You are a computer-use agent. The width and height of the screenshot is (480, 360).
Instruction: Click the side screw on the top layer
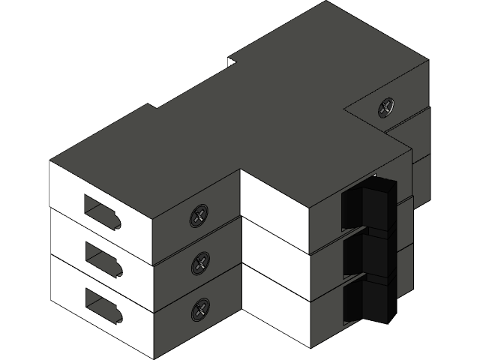199,217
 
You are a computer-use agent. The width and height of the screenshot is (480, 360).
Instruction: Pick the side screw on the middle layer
201,262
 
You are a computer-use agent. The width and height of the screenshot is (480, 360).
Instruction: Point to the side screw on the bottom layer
201,308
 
